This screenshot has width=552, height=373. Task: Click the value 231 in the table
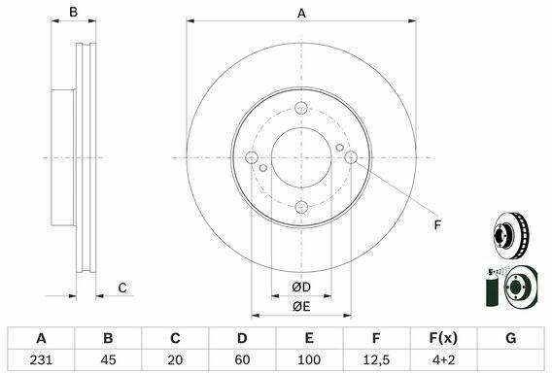[x=41, y=359]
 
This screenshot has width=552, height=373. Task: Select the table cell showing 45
[x=108, y=359]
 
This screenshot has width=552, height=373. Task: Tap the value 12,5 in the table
[x=376, y=359]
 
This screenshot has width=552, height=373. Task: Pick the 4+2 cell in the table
[x=443, y=359]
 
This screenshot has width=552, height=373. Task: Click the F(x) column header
[x=443, y=338]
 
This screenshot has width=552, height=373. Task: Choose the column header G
[x=511, y=338]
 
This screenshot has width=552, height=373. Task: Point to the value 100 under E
[x=309, y=359]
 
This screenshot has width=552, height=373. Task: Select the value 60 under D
[x=242, y=359]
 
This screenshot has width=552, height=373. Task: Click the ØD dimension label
[x=301, y=288]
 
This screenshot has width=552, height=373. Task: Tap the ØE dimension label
[x=301, y=307]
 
